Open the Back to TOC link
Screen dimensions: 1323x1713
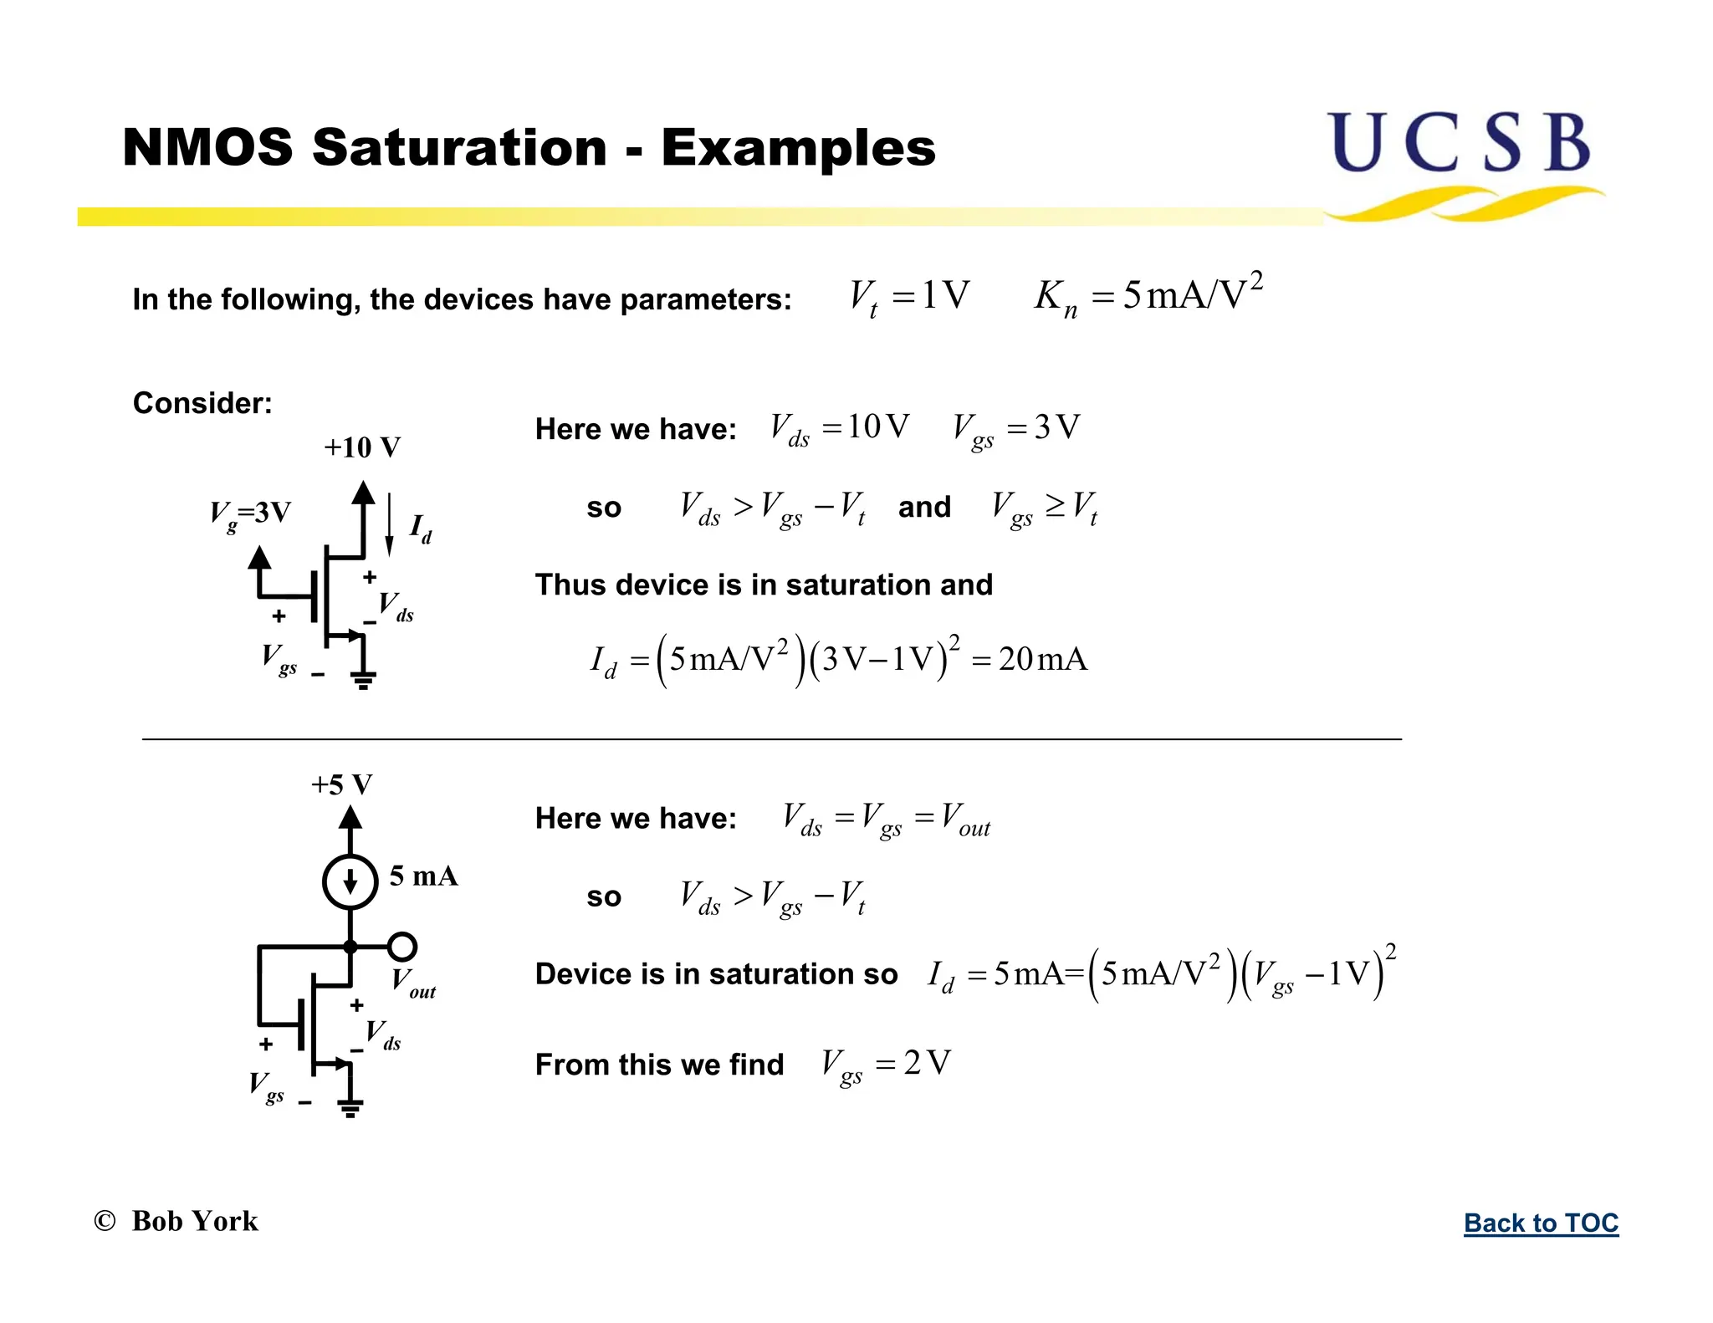click(x=1541, y=1223)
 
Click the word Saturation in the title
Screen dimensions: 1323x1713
click(x=459, y=147)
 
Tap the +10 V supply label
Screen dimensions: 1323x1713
click(x=362, y=447)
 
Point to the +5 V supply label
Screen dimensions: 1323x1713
click(x=341, y=784)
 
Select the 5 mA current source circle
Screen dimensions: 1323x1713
click(x=350, y=881)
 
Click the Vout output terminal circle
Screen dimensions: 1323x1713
click(x=402, y=947)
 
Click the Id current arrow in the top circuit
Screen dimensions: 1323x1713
click(x=390, y=524)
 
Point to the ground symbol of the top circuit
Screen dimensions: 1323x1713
click(x=363, y=679)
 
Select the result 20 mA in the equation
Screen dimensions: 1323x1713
click(x=1042, y=659)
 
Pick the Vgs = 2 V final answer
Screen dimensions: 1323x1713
click(x=886, y=1064)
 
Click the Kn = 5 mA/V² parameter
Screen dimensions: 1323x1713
click(x=1148, y=295)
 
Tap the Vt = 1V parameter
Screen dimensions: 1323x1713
click(x=909, y=296)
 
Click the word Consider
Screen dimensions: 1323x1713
click(x=202, y=403)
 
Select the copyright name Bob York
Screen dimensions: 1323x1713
click(x=195, y=1221)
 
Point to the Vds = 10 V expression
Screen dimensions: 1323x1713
click(x=839, y=428)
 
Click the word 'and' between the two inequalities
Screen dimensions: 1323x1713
click(x=924, y=507)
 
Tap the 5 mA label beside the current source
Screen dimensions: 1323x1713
click(x=423, y=876)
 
